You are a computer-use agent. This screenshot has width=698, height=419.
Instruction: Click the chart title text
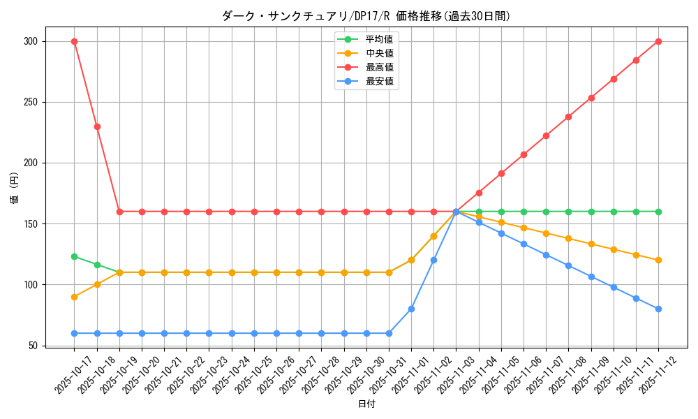pyautogui.click(x=366, y=16)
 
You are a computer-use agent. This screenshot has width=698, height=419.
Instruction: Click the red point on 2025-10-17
pyautogui.click(x=74, y=41)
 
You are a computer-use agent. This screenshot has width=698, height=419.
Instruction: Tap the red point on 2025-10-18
pyautogui.click(x=97, y=126)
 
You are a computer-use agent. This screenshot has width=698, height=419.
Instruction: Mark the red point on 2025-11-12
pyautogui.click(x=658, y=41)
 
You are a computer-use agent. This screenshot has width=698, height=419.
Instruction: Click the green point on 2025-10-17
pyautogui.click(x=74, y=256)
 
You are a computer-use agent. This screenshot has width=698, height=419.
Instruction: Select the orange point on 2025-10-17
pyautogui.click(x=74, y=297)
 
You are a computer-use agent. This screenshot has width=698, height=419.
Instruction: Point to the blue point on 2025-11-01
pyautogui.click(x=411, y=309)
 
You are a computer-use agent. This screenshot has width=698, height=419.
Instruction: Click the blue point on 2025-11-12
pyautogui.click(x=658, y=309)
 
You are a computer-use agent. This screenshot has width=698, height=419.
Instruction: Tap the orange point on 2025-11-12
pyautogui.click(x=658, y=260)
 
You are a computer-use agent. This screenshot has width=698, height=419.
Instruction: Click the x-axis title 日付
pyautogui.click(x=366, y=404)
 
